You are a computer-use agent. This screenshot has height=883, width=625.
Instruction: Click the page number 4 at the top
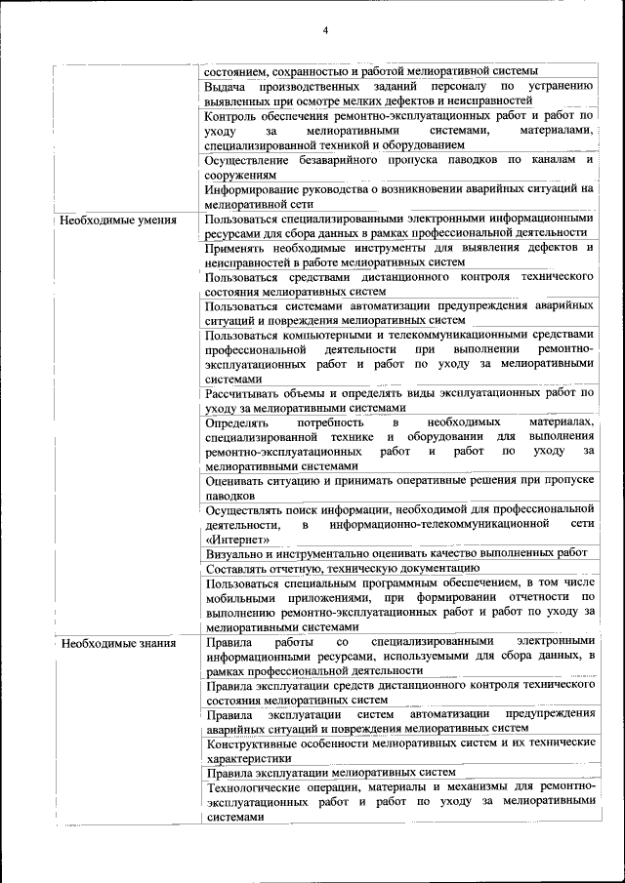(x=325, y=30)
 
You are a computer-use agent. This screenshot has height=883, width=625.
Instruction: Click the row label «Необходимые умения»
(x=118, y=220)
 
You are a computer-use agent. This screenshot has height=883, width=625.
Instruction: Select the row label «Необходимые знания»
(x=118, y=643)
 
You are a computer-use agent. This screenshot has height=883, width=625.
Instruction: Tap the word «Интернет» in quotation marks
(x=232, y=539)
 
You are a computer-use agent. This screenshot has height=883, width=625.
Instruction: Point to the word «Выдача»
(x=229, y=86)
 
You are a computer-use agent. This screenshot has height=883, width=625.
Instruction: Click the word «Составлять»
(x=240, y=567)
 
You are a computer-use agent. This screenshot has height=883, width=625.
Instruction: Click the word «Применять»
(x=238, y=249)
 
